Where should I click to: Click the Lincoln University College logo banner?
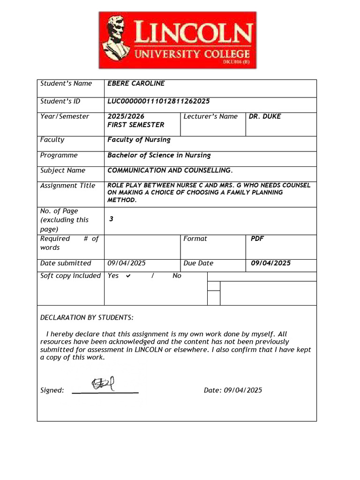pyautogui.click(x=177, y=40)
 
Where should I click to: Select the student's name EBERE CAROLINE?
pyautogui.click(x=136, y=83)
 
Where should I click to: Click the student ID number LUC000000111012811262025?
pyautogui.click(x=158, y=101)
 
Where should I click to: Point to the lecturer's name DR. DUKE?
pyautogui.click(x=265, y=116)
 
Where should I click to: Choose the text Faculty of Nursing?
pyautogui.click(x=139, y=140)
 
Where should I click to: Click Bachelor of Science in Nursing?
pyautogui.click(x=159, y=155)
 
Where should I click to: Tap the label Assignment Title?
pyautogui.click(x=67, y=186)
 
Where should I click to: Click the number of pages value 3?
pyautogui.click(x=111, y=219)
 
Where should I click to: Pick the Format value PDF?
pyautogui.click(x=257, y=239)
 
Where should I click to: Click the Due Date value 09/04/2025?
pyautogui.click(x=270, y=263)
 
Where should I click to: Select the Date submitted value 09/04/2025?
pyautogui.click(x=127, y=263)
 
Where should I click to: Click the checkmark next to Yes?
pyautogui.click(x=128, y=276)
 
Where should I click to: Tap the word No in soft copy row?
pyautogui.click(x=177, y=276)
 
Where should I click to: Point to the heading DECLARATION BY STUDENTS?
pyautogui.click(x=87, y=317)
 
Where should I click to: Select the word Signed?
pyautogui.click(x=52, y=390)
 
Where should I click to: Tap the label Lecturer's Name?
pyautogui.click(x=210, y=116)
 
